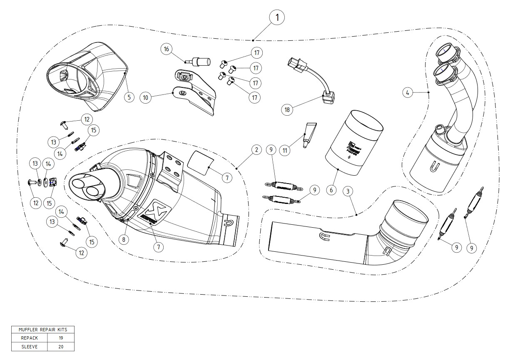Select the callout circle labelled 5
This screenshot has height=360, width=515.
[129, 97]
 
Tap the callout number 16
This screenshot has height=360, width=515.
[167, 50]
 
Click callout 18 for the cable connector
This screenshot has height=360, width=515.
[287, 110]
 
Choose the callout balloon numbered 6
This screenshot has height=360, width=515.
[331, 190]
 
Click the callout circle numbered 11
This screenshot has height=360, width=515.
[285, 150]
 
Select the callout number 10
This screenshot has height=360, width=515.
[145, 98]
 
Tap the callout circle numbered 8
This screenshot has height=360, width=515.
[124, 239]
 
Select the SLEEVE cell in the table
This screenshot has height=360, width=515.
[29, 346]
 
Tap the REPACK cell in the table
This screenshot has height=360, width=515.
[29, 338]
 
